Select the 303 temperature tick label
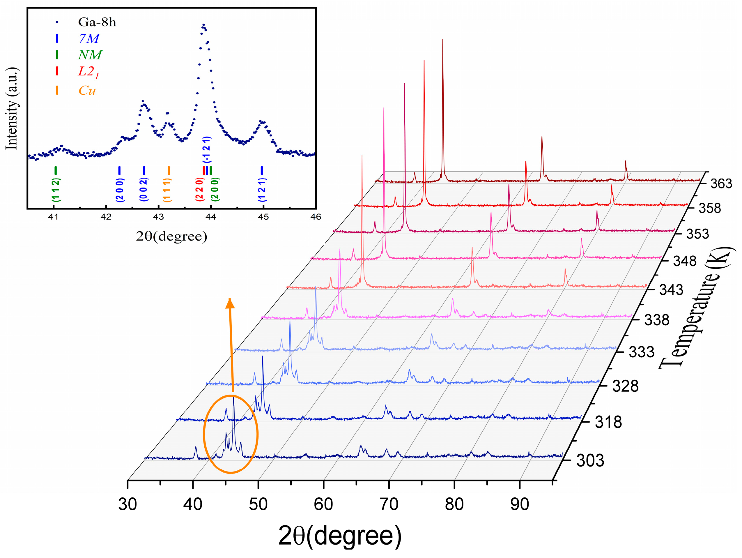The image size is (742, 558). pyautogui.click(x=590, y=460)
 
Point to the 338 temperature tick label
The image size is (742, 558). pyautogui.click(x=656, y=320)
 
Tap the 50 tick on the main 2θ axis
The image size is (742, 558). pyautogui.click(x=258, y=504)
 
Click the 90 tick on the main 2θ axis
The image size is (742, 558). pyautogui.click(x=520, y=504)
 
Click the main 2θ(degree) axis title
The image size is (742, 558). pyautogui.click(x=339, y=536)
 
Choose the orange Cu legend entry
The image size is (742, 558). pyautogui.click(x=87, y=90)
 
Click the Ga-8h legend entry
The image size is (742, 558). pyautogui.click(x=97, y=22)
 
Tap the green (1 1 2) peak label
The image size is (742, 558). pyautogui.click(x=56, y=190)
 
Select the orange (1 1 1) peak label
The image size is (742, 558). pyautogui.click(x=167, y=190)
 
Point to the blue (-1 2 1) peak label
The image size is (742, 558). pyautogui.click(x=207, y=149)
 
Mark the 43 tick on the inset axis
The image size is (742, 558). pyautogui.click(x=158, y=217)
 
